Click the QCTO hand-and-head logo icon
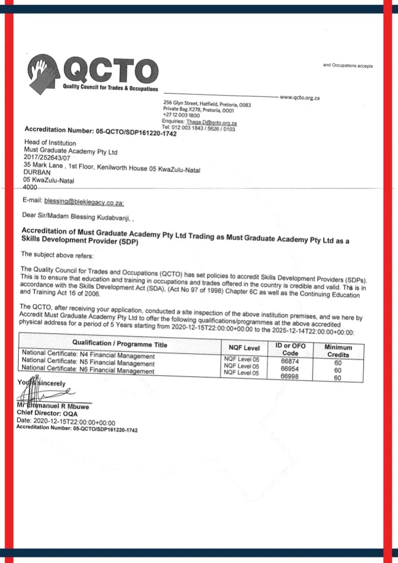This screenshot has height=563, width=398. point(45,72)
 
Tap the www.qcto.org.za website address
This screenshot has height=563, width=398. point(300,98)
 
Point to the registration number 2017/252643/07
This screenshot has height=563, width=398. point(48,158)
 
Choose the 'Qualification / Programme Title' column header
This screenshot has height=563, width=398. point(116,344)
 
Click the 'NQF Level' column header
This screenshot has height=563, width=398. point(244,348)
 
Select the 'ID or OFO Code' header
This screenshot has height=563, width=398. point(290,349)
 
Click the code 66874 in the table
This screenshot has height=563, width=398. point(290,361)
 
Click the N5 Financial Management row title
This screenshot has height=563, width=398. point(88,364)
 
